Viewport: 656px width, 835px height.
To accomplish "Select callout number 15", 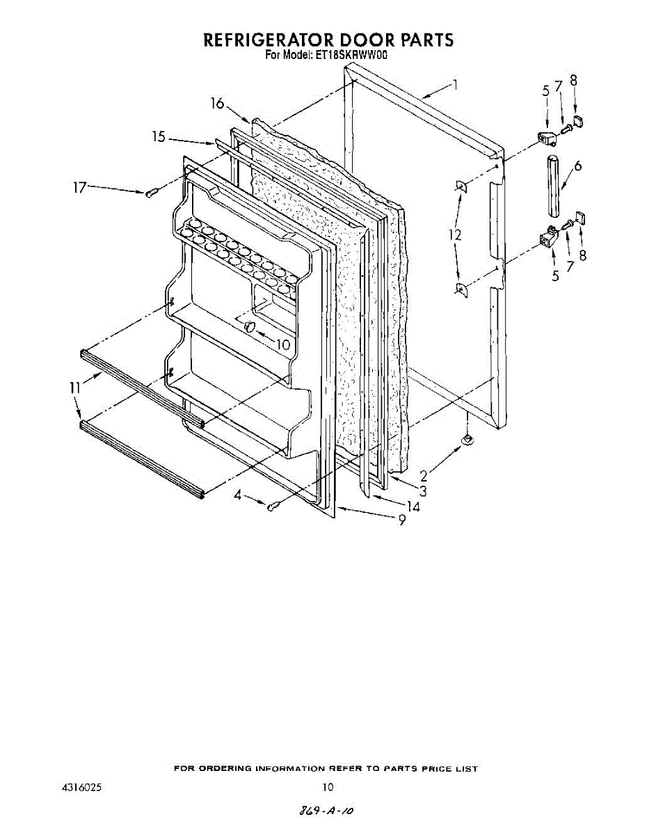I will click(x=159, y=137).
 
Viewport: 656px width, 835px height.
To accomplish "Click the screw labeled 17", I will click(x=152, y=193).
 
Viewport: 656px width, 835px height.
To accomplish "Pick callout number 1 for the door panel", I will click(x=455, y=86).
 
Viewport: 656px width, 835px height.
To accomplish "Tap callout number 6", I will click(x=578, y=166).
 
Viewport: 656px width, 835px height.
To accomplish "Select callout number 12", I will click(x=455, y=236).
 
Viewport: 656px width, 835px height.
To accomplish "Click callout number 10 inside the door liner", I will click(x=282, y=344).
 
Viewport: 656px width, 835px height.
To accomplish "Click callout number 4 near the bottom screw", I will click(x=239, y=496).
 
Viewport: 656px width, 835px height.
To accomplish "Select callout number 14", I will click(x=413, y=507).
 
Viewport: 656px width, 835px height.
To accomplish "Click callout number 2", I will click(x=424, y=477).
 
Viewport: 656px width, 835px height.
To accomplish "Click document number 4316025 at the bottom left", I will click(x=83, y=788).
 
